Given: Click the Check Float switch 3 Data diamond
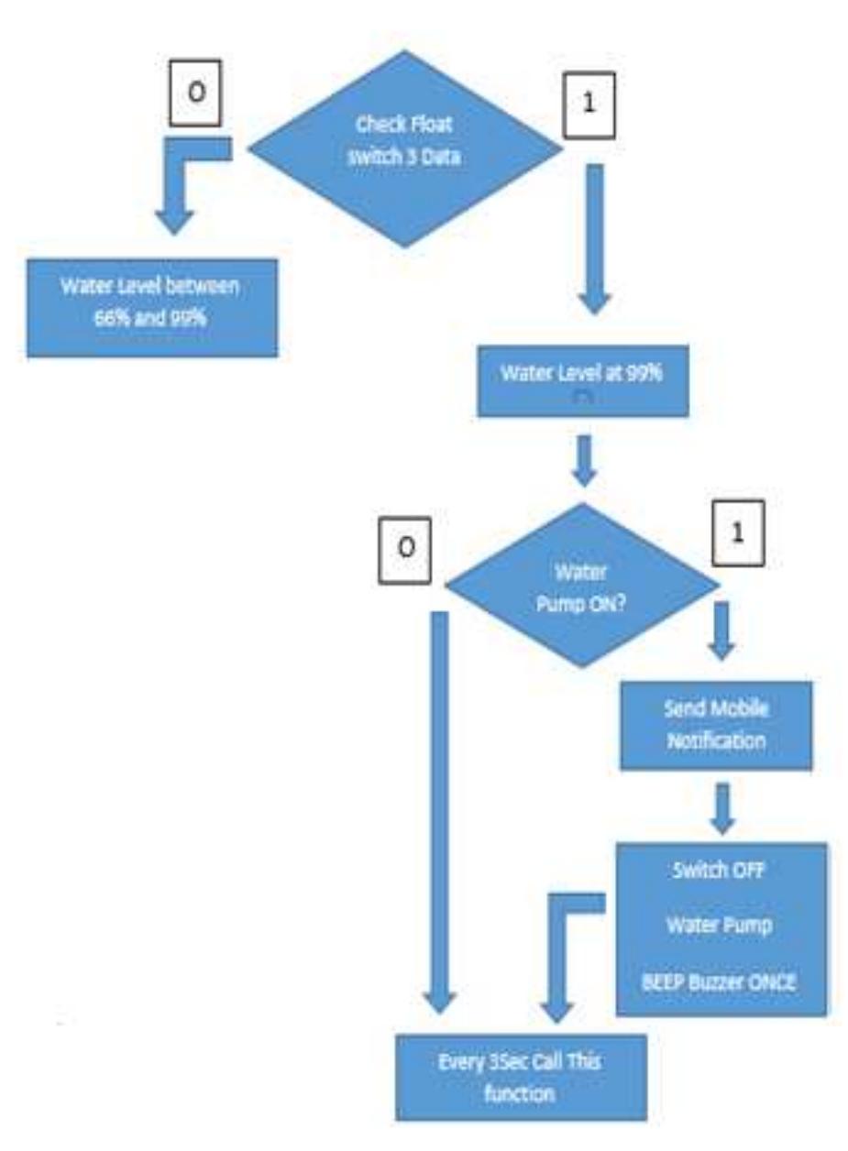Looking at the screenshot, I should point(405,149).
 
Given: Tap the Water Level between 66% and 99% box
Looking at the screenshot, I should point(151,307).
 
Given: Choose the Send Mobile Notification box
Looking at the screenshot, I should point(716,725).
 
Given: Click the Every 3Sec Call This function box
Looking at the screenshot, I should point(521,1077).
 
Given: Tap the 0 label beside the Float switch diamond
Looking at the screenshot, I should point(194,95).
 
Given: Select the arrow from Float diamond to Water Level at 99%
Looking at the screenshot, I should point(595,238).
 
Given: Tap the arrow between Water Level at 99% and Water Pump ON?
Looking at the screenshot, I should point(584,458).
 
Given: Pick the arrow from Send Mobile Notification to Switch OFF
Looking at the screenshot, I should point(722,806).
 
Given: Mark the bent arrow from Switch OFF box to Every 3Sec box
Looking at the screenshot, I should point(560,953).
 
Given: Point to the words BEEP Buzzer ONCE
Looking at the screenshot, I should point(720,984).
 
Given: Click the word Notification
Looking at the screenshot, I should point(716,740).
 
